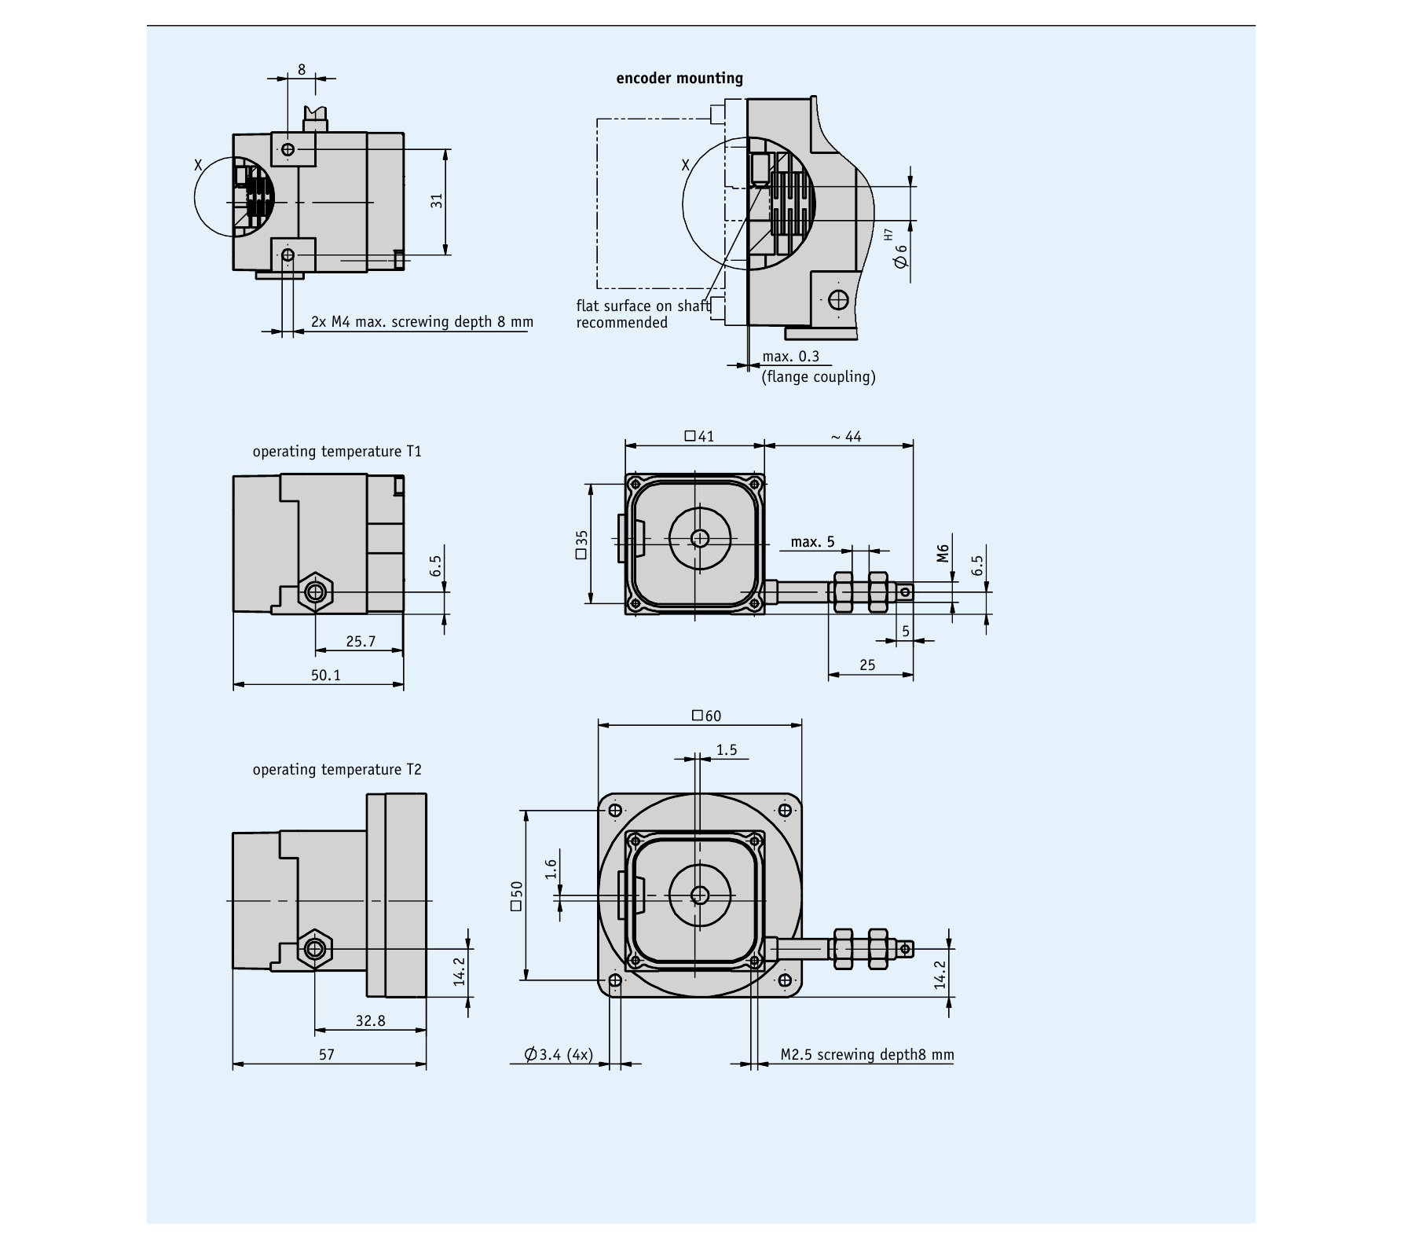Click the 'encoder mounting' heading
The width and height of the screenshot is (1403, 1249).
(679, 78)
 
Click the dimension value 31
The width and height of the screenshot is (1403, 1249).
(438, 200)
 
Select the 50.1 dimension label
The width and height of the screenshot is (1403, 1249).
(325, 675)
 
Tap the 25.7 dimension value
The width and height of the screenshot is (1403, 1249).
(361, 641)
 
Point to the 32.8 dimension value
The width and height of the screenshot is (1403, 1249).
(370, 1020)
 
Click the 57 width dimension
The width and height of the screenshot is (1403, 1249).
(326, 1054)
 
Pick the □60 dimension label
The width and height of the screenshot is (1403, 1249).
(705, 716)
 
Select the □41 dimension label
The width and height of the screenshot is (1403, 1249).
(699, 436)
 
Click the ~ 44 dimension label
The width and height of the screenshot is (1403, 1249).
(845, 436)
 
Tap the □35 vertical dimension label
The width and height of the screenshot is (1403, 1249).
(581, 544)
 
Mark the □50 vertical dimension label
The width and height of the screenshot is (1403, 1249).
(516, 896)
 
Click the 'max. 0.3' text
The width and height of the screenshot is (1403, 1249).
(790, 357)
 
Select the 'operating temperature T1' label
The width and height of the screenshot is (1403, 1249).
(336, 452)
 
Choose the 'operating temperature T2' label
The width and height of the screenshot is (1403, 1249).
(336, 770)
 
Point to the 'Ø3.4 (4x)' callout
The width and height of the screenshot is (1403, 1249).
(559, 1054)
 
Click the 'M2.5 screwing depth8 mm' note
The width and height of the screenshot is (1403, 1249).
(866, 1054)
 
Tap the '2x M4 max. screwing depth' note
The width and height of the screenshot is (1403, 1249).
(422, 321)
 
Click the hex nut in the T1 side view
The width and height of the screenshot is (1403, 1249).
(315, 592)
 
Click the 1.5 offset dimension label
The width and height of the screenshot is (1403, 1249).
(727, 750)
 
